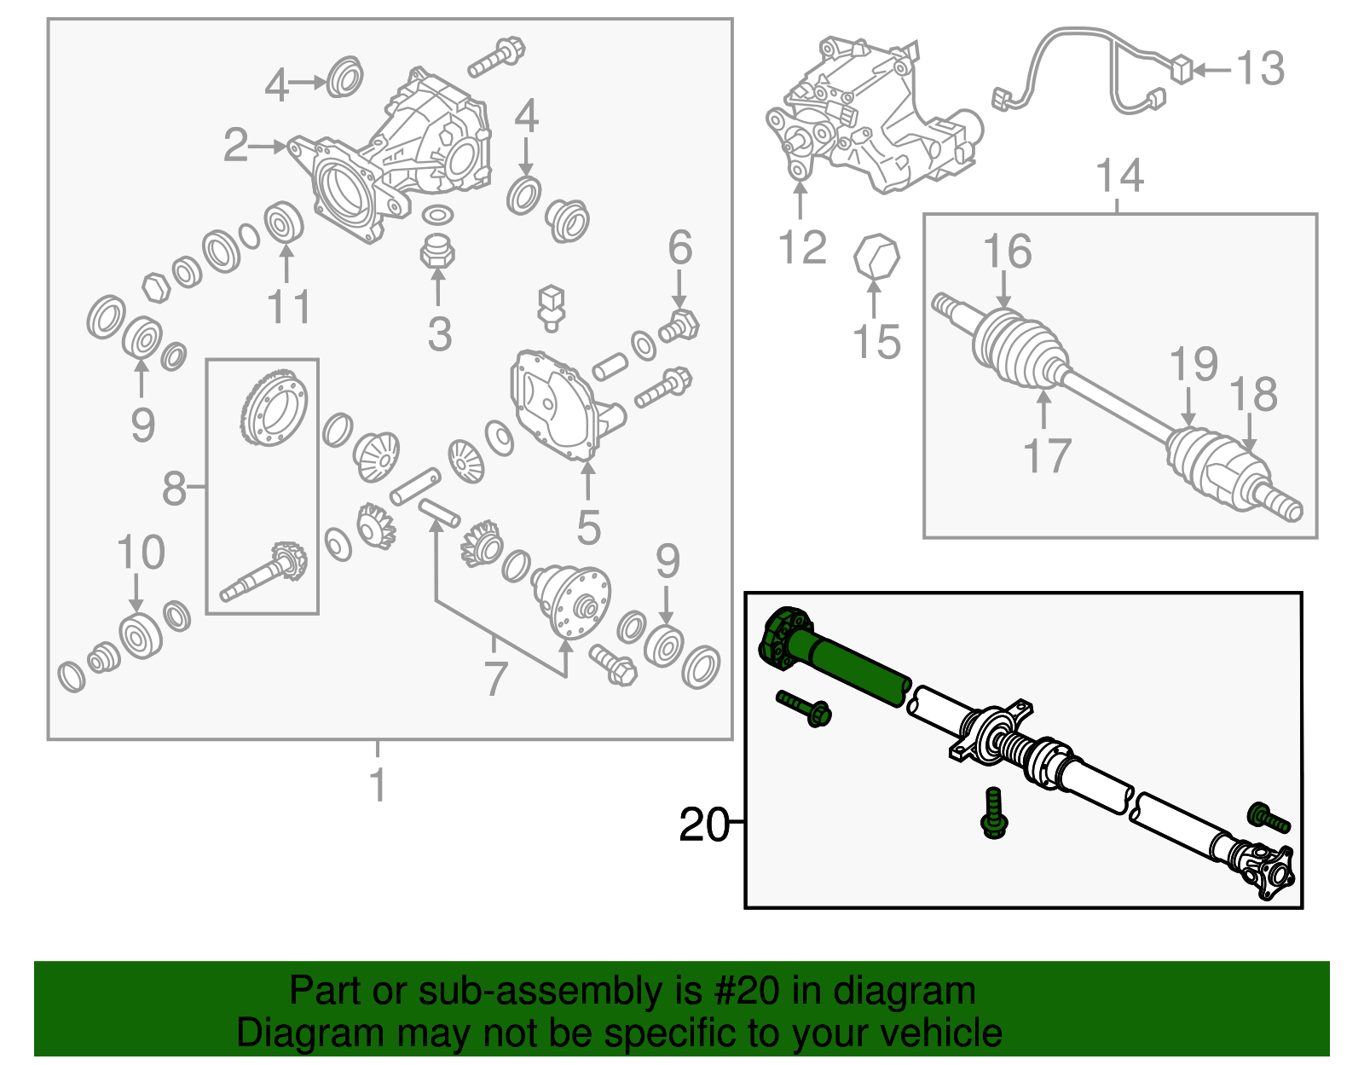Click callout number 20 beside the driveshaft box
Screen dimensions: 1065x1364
click(x=703, y=825)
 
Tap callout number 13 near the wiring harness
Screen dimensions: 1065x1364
click(x=1260, y=68)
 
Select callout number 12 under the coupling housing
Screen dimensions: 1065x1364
click(x=802, y=247)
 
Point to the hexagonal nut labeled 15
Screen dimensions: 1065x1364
click(x=877, y=257)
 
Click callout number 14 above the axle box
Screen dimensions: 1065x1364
click(x=1118, y=177)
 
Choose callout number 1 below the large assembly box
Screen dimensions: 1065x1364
click(x=378, y=785)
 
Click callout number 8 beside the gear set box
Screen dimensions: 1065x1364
click(x=174, y=489)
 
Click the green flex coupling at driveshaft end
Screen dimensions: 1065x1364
click(x=783, y=635)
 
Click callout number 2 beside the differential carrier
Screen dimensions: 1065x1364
click(x=235, y=146)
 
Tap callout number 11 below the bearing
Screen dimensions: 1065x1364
click(x=289, y=307)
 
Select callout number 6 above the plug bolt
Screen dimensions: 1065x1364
click(x=679, y=248)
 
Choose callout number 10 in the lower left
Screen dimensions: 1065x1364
click(x=141, y=553)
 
